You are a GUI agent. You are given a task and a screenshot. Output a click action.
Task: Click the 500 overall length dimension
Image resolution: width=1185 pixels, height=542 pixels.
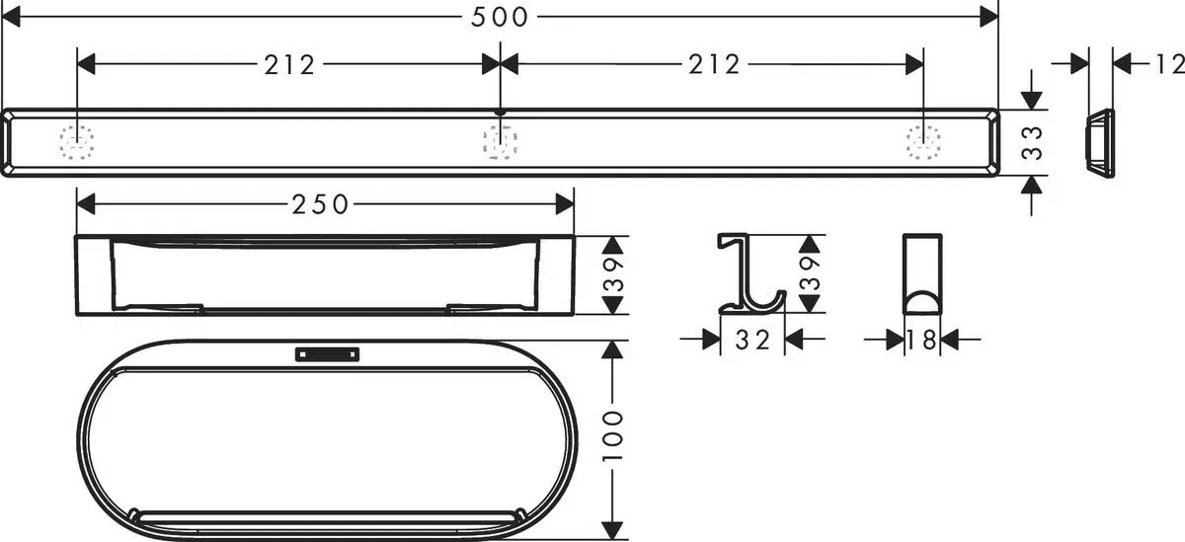[x=499, y=16]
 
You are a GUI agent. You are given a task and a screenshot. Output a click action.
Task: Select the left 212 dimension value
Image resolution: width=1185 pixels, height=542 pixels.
[x=289, y=65]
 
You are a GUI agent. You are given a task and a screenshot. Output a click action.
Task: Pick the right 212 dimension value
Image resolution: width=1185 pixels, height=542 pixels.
[x=714, y=65]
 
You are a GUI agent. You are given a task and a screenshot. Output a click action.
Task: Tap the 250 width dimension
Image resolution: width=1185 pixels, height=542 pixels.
[x=321, y=204]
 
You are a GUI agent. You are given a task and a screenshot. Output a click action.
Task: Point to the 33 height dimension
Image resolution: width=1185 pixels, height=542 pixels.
[x=1032, y=143]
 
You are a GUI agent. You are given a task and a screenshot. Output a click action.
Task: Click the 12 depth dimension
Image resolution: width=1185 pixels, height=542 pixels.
[x=1168, y=65]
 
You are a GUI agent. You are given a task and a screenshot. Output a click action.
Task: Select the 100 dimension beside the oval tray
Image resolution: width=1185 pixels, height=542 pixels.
[x=614, y=434]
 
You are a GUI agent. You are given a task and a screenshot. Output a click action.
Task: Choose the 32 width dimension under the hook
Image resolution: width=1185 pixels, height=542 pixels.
[x=752, y=340]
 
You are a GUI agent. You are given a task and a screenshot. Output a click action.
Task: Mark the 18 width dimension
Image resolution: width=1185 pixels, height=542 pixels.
[x=922, y=340]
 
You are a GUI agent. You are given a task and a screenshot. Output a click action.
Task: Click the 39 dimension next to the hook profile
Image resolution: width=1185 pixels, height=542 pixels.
[x=810, y=273]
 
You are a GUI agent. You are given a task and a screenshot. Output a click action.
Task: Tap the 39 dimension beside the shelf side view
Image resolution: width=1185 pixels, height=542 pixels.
[x=614, y=275]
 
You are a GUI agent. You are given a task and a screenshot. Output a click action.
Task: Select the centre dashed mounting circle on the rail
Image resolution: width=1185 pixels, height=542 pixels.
[x=501, y=144]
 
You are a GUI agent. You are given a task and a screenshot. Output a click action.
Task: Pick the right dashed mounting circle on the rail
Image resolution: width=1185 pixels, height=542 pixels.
[x=924, y=143]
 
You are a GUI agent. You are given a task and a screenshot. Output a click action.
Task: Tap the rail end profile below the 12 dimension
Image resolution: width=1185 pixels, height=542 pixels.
[x=1099, y=144]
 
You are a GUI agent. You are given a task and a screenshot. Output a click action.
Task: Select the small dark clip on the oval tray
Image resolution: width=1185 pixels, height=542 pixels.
[x=326, y=352]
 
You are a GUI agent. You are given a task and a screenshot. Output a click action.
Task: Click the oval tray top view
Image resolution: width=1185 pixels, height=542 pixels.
[x=326, y=439]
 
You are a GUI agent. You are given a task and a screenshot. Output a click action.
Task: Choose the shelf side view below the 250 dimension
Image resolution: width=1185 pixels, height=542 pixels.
[x=326, y=275]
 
